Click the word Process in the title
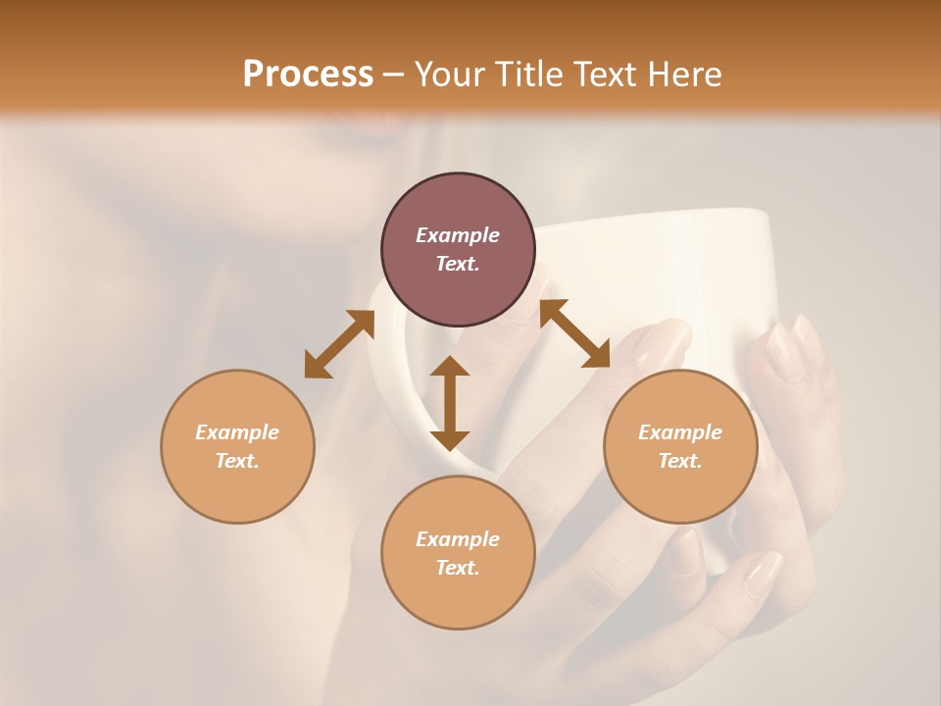click(308, 75)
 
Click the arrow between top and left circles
click(339, 343)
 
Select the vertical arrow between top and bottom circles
click(450, 403)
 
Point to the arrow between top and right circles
click(574, 333)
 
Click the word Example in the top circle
click(458, 235)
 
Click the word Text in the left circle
click(237, 461)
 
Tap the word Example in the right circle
click(680, 432)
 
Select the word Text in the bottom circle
click(458, 568)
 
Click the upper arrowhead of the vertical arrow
click(450, 366)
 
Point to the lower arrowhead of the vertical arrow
click(450, 440)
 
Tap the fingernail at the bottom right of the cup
click(763, 574)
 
